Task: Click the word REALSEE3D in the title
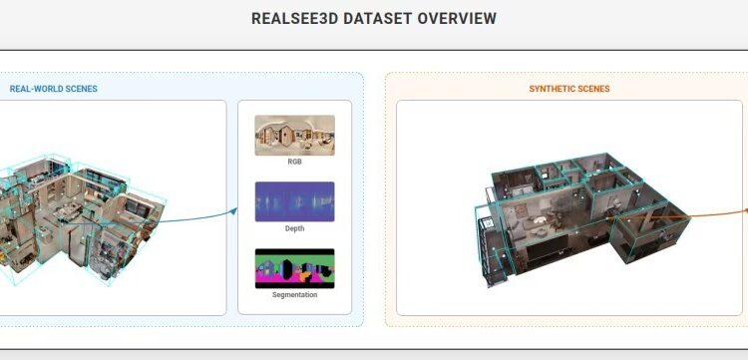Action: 290,19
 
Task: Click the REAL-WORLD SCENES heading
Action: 54,89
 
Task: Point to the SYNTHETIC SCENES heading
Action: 569,89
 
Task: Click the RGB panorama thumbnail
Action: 294,134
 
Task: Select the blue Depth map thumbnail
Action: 294,200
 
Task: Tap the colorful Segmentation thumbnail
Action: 294,267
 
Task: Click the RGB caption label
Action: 294,161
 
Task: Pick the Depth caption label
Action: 294,228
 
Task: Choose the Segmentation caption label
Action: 294,294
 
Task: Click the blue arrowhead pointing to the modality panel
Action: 234,209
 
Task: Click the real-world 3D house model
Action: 80,214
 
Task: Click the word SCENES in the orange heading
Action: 592,89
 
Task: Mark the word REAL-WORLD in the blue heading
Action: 34,89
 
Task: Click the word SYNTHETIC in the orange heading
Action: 551,89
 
